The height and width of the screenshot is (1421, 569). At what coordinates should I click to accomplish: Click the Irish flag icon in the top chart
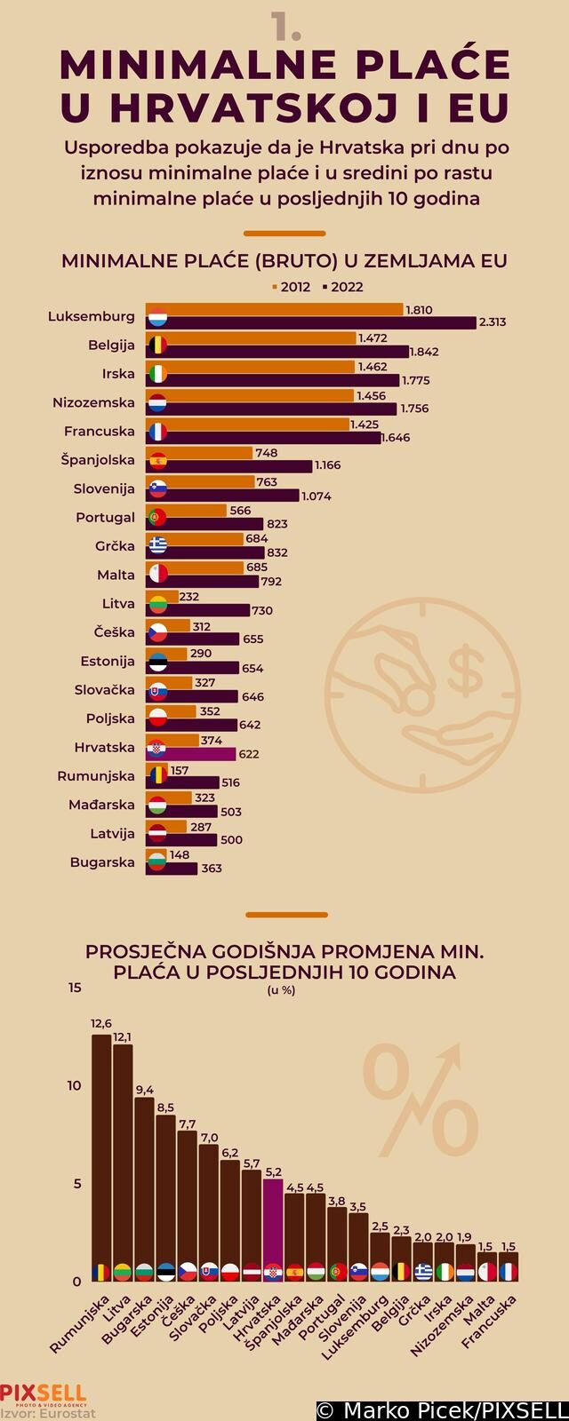pyautogui.click(x=157, y=373)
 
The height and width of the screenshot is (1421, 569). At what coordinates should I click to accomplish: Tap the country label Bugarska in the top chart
pyautogui.click(x=102, y=862)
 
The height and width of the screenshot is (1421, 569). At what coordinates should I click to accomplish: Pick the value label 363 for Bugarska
pyautogui.click(x=212, y=869)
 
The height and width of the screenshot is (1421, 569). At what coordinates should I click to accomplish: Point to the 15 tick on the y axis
pyautogui.click(x=74, y=988)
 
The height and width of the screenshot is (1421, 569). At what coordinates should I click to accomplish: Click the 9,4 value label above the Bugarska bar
pyautogui.click(x=144, y=1090)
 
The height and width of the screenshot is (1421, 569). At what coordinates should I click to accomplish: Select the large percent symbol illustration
pyautogui.click(x=422, y=1101)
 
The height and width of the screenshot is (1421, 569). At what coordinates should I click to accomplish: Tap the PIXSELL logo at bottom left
pyautogui.click(x=43, y=1393)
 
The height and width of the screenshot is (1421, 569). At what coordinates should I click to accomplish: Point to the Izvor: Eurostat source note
pyautogui.click(x=48, y=1413)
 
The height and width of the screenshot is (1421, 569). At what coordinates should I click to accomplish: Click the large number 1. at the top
pyautogui.click(x=286, y=27)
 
